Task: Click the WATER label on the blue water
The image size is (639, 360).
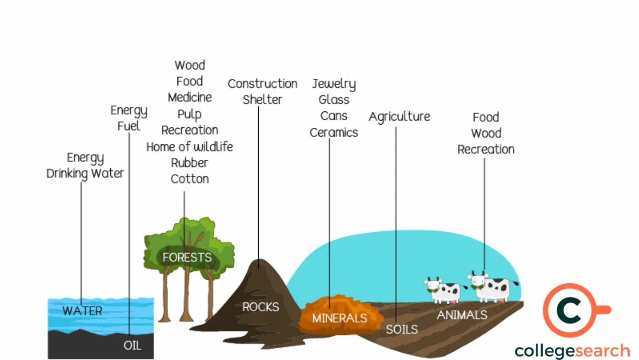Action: pos(82,311)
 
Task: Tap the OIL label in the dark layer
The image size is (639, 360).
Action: pos(132,345)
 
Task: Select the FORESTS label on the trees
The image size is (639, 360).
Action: pos(187,258)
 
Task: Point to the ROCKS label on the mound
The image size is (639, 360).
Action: pos(261,307)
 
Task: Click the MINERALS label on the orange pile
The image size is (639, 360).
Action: pos(339,318)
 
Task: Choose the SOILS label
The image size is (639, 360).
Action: pos(402,330)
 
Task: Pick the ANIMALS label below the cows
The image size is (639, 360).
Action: pos(462,315)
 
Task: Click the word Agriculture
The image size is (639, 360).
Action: pos(399,116)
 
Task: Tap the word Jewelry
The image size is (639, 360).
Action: pos(334,84)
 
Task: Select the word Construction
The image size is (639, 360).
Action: pos(263,84)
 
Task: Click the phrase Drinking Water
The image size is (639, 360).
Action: pos(85,173)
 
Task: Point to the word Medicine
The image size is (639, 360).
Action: pos(190,97)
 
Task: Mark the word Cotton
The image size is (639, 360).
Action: pos(190,179)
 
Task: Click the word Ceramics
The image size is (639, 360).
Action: pos(334,133)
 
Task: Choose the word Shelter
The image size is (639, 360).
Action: pos(262,100)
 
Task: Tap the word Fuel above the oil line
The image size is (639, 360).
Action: pos(129,126)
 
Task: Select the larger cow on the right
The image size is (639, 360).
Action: pos(492,287)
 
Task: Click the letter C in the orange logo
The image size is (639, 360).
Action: pos(569,311)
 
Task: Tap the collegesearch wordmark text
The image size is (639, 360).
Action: pos(572,351)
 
